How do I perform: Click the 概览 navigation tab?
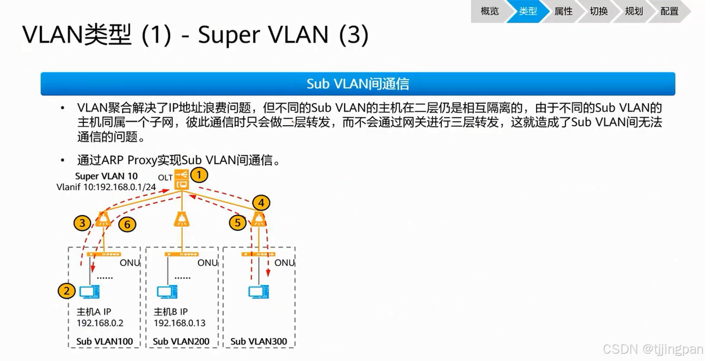[489, 11]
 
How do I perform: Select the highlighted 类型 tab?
[527, 11]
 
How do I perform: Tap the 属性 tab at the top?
[563, 11]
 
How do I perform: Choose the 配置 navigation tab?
[669, 11]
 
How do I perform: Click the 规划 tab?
[634, 11]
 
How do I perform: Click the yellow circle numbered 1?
[199, 175]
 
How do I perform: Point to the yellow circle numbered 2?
[67, 291]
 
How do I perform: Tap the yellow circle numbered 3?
[82, 223]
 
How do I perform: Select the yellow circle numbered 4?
[261, 203]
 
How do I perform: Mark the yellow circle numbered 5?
[237, 223]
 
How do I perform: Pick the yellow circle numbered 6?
[127, 224]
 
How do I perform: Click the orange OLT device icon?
[182, 180]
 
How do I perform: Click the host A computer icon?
[90, 292]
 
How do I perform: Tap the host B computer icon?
[167, 292]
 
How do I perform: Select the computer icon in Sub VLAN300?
[259, 292]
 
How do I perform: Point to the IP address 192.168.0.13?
[179, 323]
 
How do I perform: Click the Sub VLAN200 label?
[181, 342]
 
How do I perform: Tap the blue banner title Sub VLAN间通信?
[358, 84]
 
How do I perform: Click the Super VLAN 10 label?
[106, 176]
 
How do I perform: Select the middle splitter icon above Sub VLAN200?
[181, 219]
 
